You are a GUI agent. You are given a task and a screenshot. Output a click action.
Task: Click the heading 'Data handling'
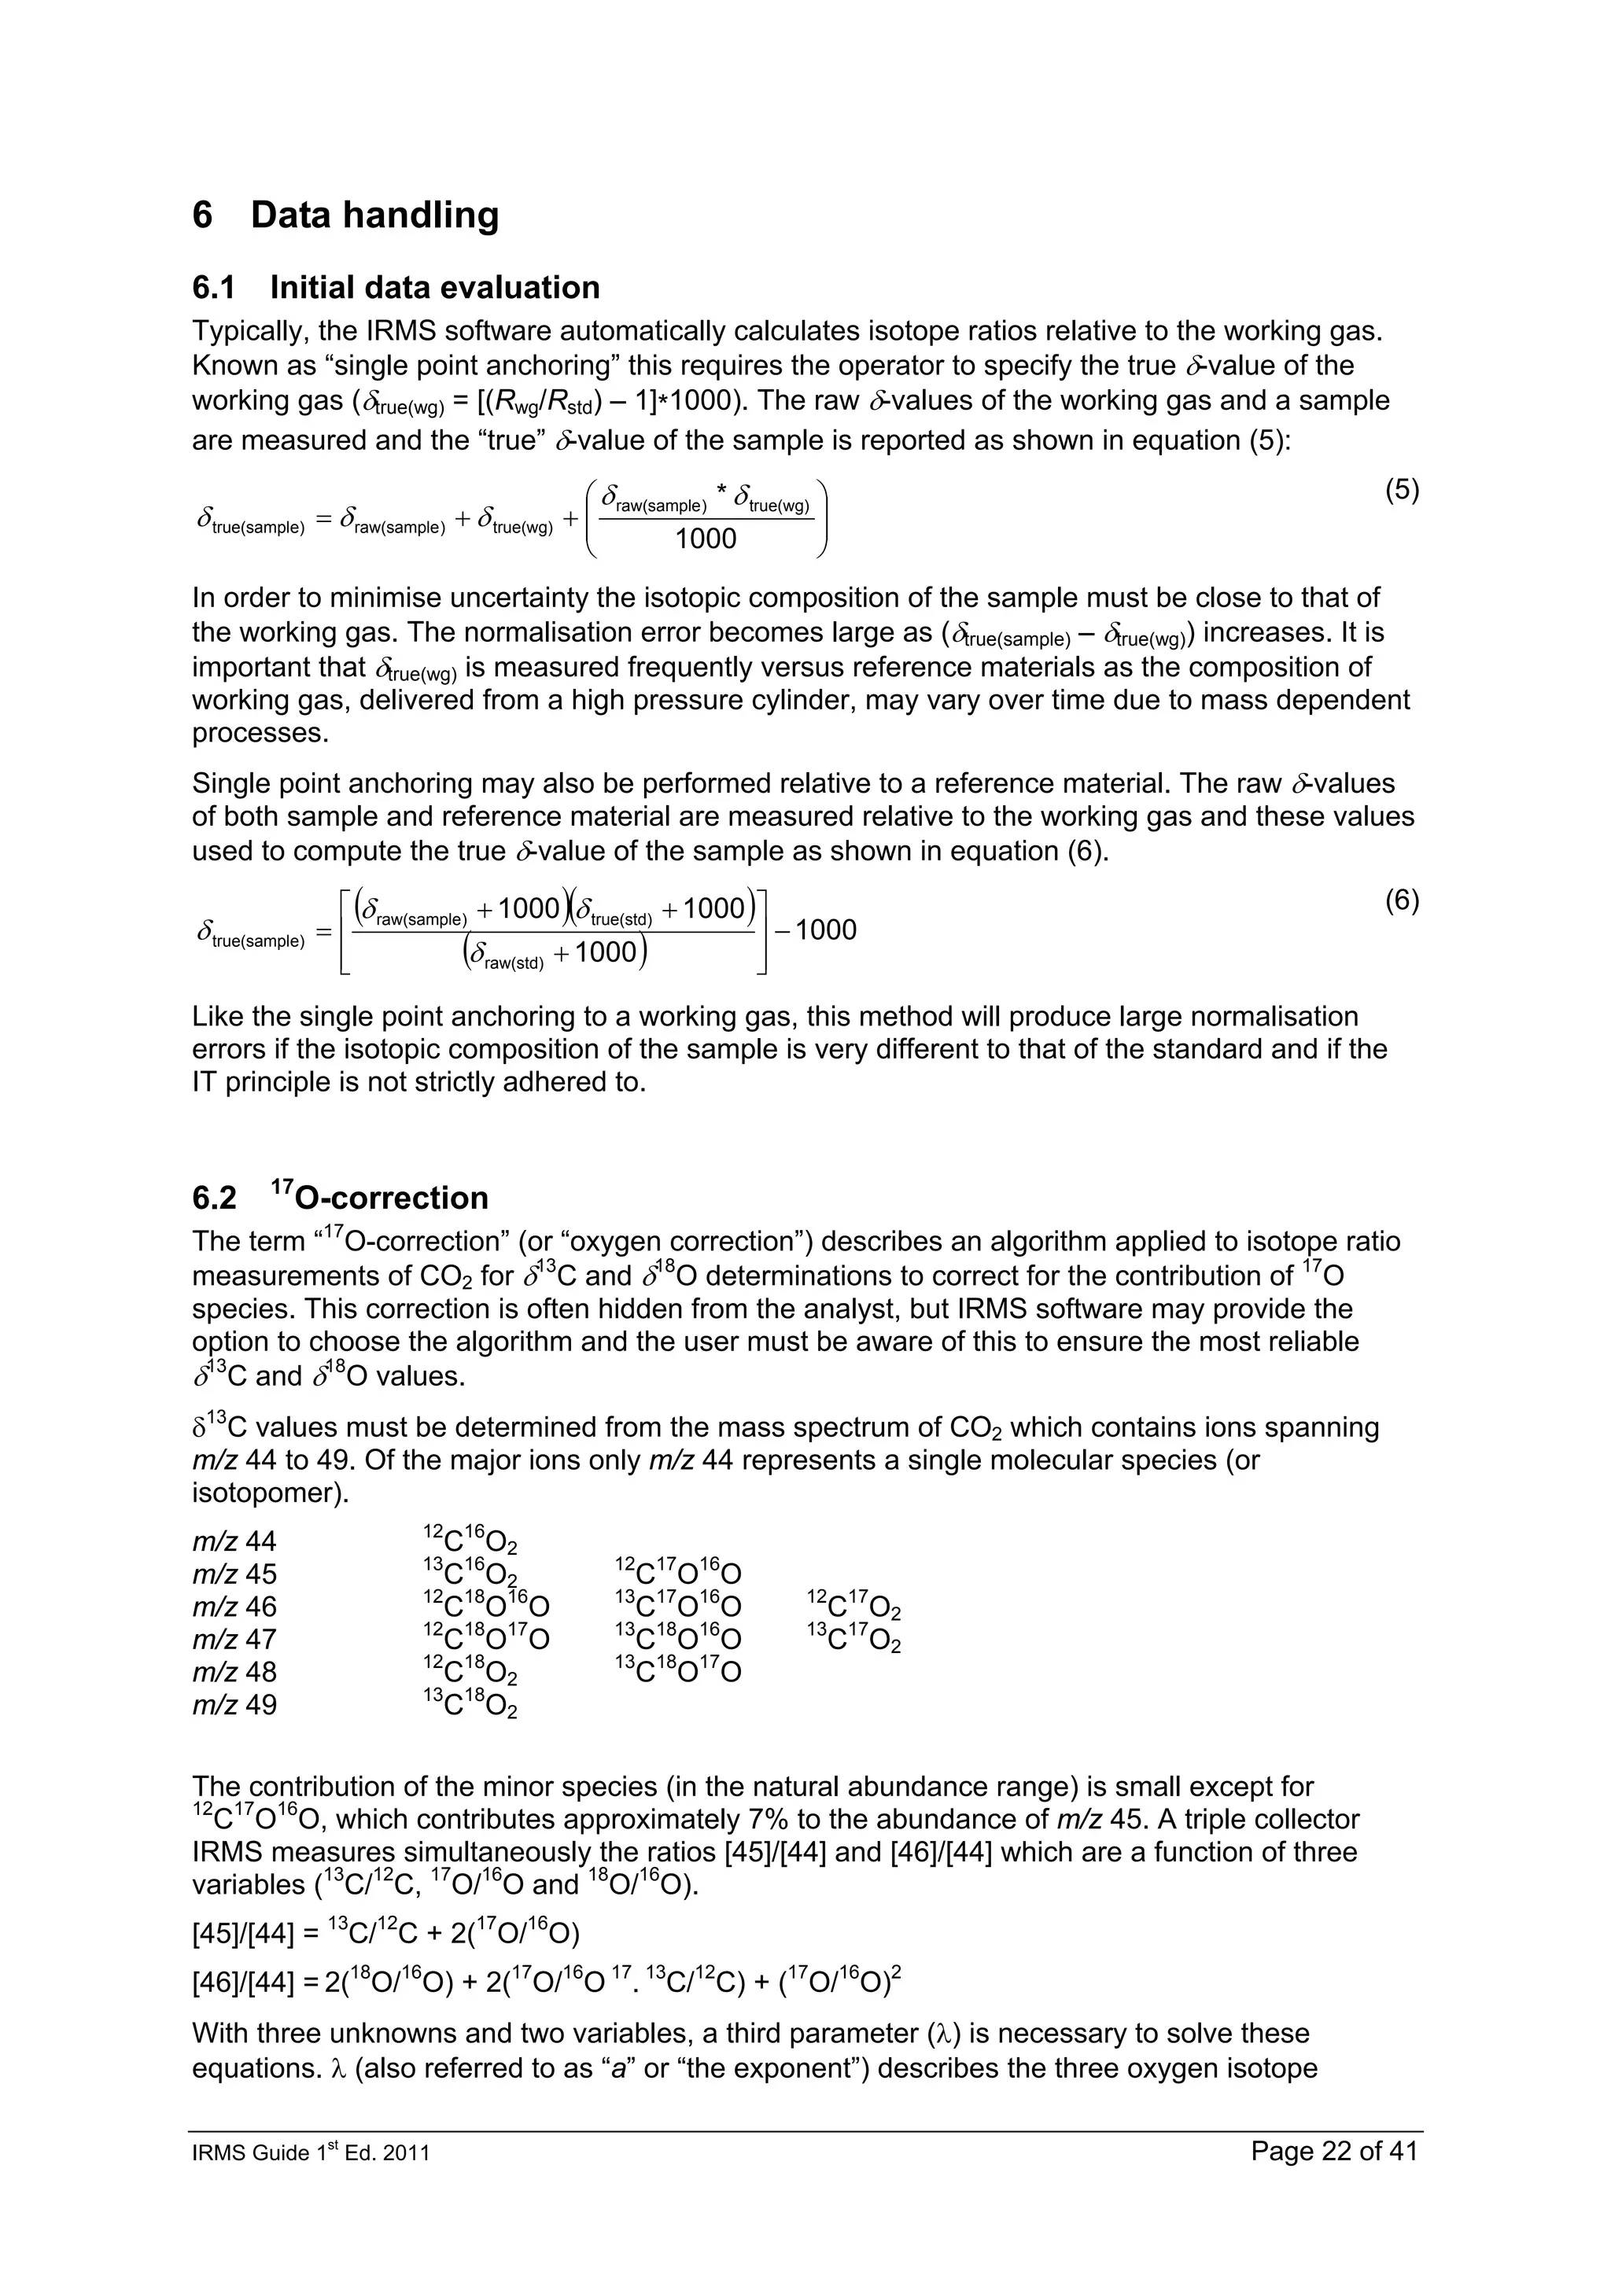point(374,215)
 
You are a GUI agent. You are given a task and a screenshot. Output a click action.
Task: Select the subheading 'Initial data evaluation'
point(435,288)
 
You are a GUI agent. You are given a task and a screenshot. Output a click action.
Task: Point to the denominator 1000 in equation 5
point(706,539)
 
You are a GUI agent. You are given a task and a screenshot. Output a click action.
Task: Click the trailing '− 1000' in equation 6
point(816,930)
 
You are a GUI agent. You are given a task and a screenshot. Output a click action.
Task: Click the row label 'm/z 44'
point(234,1541)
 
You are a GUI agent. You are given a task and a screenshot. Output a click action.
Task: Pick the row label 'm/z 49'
point(234,1705)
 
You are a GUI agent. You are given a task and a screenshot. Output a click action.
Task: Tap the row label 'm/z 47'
point(234,1640)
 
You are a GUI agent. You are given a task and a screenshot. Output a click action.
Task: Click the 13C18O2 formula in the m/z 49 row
point(470,1705)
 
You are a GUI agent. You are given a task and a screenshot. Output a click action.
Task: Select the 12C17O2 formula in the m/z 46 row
point(853,1607)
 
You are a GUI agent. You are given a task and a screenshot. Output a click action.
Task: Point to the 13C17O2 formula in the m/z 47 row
point(853,1640)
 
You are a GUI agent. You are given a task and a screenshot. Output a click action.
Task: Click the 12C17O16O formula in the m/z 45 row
point(678,1574)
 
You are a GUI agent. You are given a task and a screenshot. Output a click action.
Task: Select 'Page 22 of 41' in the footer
point(1334,2152)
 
